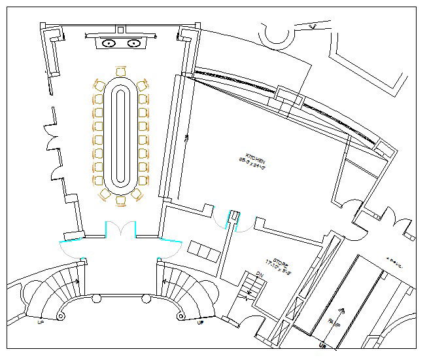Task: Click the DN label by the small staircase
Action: pyautogui.click(x=260, y=274)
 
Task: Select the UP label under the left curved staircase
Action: pyautogui.click(x=41, y=323)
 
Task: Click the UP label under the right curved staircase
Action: pyautogui.click(x=201, y=323)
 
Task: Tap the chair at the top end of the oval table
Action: pyautogui.click(x=120, y=71)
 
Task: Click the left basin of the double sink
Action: pyautogui.click(x=109, y=43)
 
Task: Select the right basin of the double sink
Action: pyautogui.click(x=134, y=43)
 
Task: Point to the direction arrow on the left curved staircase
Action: pyautogui.click(x=76, y=282)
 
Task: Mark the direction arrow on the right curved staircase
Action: pyautogui.click(x=166, y=282)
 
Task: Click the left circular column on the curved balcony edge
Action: pyautogui.click(x=97, y=298)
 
